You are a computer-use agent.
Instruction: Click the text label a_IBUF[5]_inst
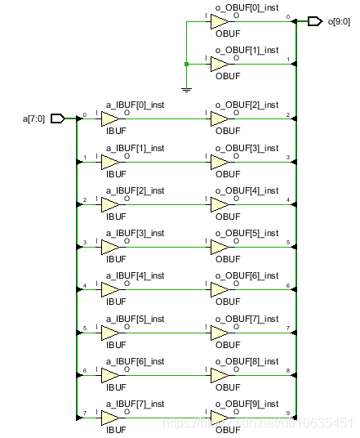135,319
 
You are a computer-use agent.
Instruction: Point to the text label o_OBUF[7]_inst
247,319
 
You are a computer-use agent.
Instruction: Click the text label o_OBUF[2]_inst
247,105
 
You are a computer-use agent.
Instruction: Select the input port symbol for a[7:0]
57,118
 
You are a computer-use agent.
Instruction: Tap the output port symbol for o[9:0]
314,22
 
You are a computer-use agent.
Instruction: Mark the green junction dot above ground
187,64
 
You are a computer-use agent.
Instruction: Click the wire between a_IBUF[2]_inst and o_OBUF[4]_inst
167,204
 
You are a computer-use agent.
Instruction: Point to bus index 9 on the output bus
288,413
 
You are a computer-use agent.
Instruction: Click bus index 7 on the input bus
84,413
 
